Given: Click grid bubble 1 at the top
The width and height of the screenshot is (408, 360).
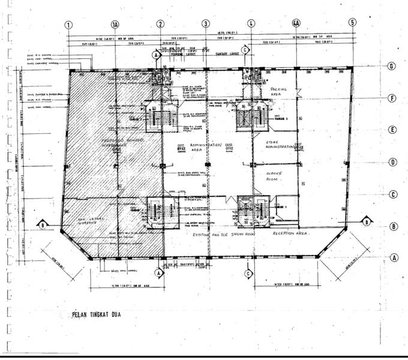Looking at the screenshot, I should [x=69, y=25].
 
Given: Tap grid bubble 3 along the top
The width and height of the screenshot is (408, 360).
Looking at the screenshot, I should [x=206, y=25].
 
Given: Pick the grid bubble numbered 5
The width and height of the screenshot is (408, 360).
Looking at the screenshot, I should [x=352, y=24].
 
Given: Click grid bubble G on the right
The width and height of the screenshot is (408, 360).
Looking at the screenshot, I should [x=392, y=67].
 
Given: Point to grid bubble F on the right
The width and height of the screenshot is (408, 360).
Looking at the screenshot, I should [x=392, y=98].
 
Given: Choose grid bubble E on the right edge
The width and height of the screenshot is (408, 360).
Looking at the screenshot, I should [x=392, y=130].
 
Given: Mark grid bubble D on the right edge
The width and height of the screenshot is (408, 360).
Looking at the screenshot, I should [x=392, y=162].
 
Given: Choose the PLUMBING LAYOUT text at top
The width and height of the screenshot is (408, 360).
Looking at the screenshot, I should [x=184, y=53].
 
